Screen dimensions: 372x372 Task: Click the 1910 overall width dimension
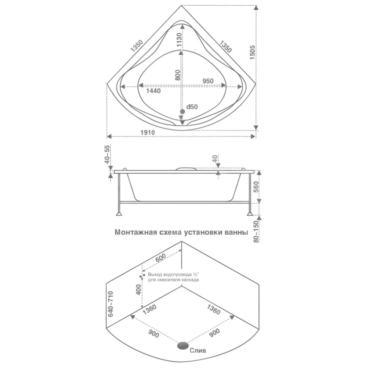148,132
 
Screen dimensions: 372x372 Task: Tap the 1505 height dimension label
252,52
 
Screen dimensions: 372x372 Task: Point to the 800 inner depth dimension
178,75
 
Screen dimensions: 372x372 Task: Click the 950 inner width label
208,81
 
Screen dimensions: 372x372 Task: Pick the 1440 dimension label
153,91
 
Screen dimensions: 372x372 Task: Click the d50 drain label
192,107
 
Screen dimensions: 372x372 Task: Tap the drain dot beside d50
182,112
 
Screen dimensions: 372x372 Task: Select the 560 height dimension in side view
255,187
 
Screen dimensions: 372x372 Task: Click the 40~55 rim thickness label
107,154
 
